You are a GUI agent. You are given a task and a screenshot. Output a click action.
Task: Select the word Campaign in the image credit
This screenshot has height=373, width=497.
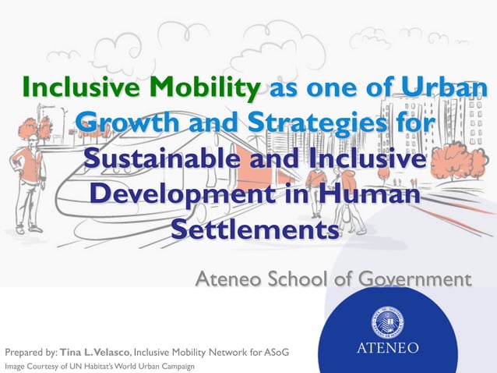(176, 366)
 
